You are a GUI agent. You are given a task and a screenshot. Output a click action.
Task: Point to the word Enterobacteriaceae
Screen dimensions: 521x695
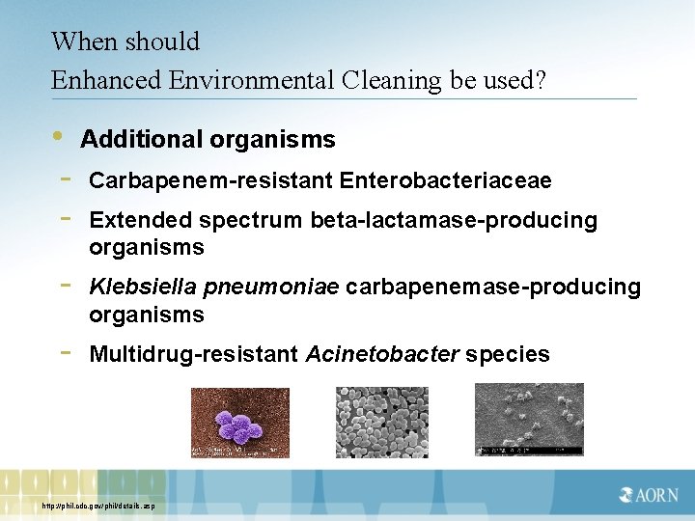(x=445, y=180)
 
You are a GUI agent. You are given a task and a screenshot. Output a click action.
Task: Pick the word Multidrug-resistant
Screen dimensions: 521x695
(x=193, y=355)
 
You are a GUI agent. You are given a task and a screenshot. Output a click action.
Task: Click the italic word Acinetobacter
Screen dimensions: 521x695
(x=382, y=355)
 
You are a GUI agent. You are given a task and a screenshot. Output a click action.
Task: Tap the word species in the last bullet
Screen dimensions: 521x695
(x=508, y=355)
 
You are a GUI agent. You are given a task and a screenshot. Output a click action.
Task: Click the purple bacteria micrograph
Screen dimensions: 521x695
(x=239, y=423)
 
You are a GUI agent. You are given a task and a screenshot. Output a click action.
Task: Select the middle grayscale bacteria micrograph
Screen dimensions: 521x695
(x=382, y=423)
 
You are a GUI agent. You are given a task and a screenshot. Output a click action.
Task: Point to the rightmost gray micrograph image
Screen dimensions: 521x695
(x=528, y=420)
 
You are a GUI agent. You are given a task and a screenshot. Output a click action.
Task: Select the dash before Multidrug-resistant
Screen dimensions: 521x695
(x=65, y=353)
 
